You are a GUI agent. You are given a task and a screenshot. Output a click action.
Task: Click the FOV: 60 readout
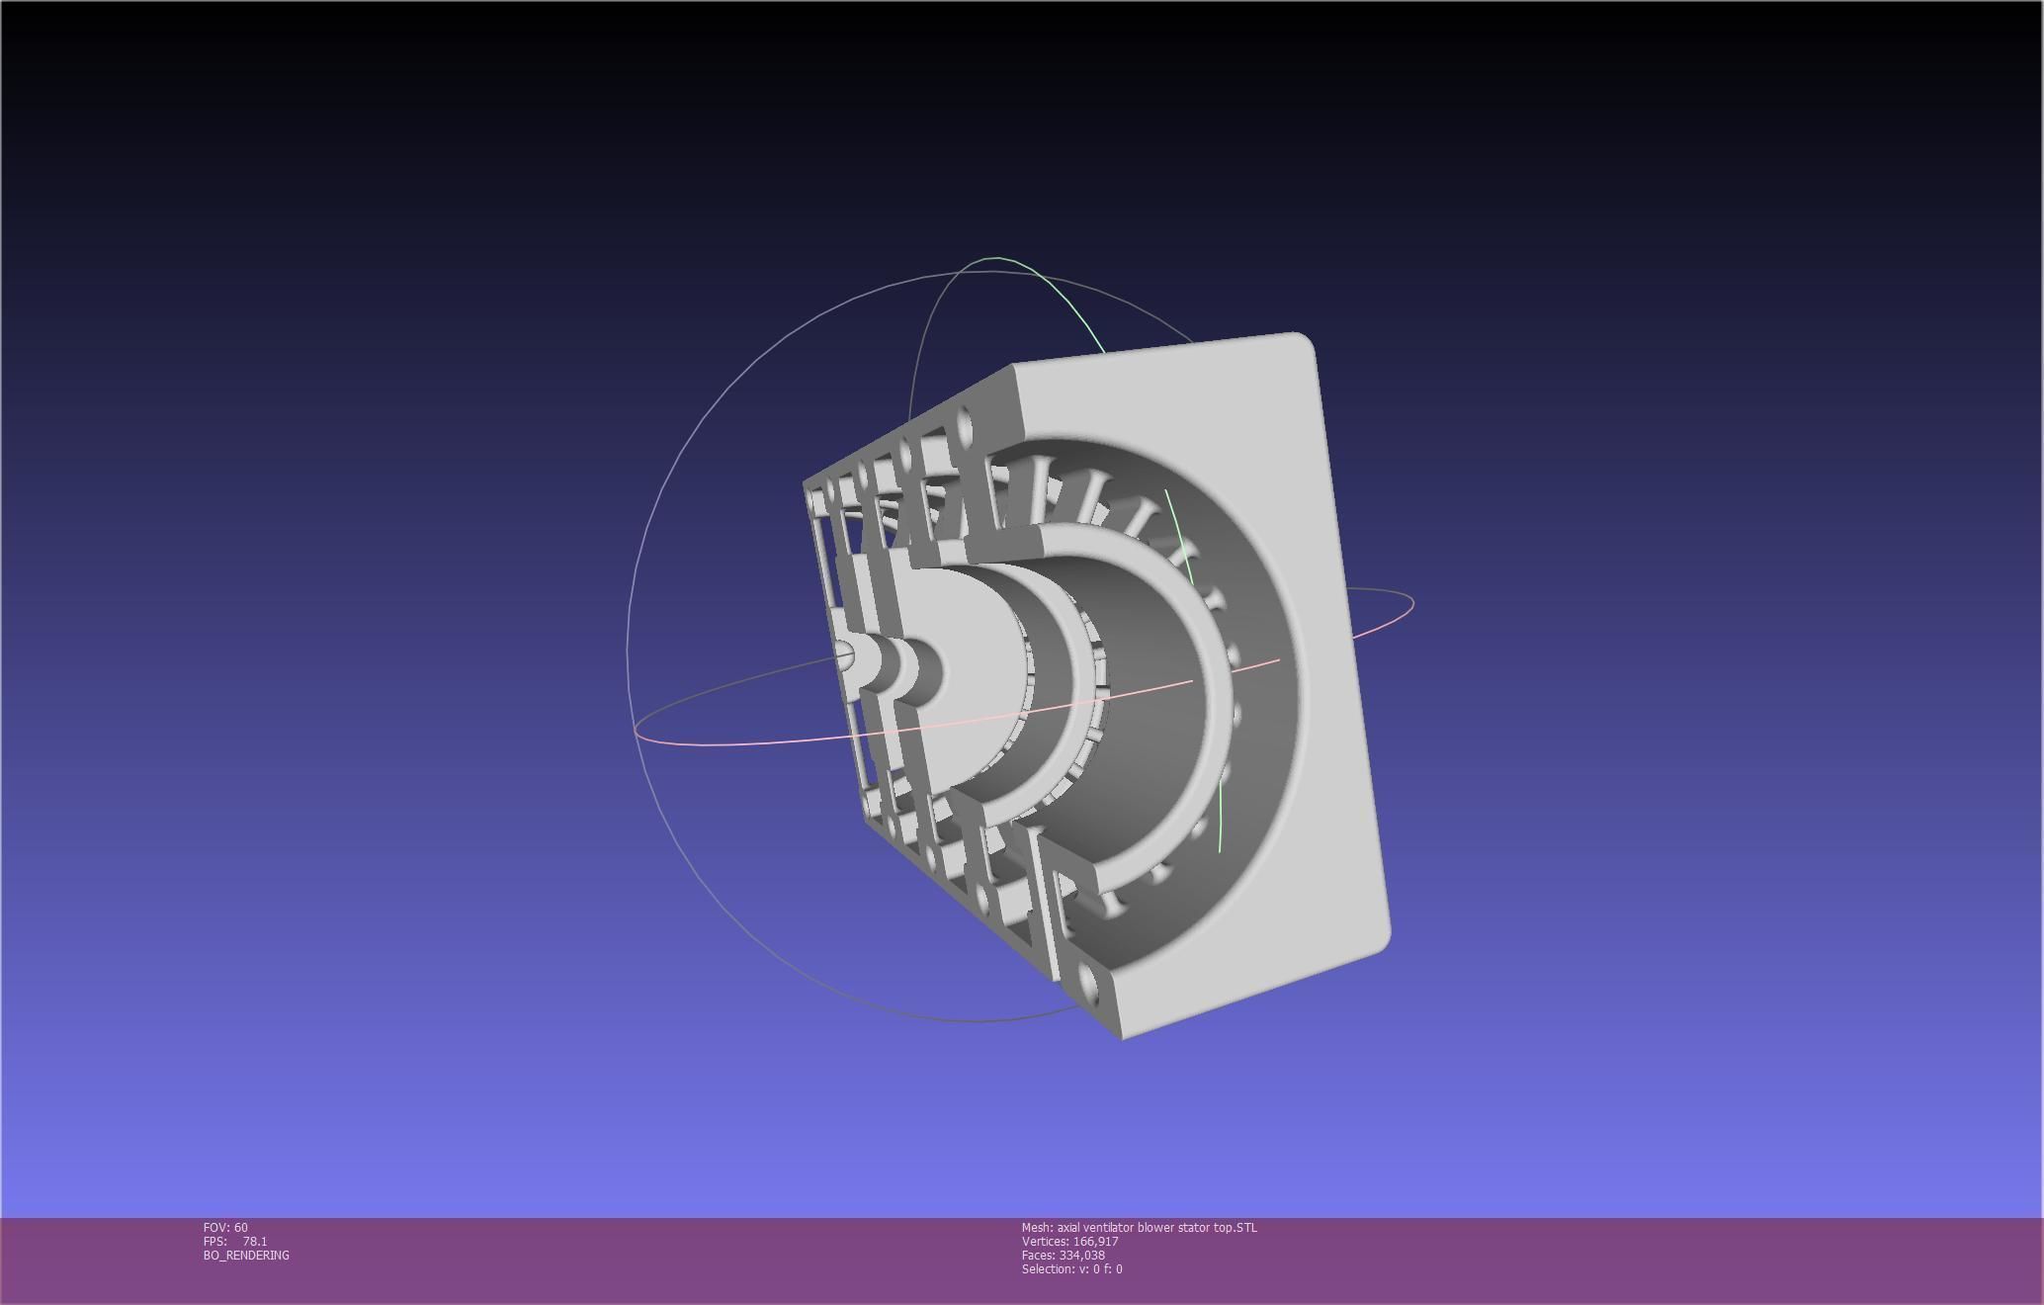pyautogui.click(x=225, y=1227)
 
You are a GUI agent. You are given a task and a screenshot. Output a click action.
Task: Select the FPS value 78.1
pyautogui.click(x=254, y=1241)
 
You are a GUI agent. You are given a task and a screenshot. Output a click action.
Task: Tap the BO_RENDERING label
pyautogui.click(x=246, y=1255)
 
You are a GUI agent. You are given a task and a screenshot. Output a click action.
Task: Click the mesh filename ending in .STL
pyautogui.click(x=1156, y=1227)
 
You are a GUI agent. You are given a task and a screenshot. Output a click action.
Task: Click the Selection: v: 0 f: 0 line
pyautogui.click(x=1071, y=1268)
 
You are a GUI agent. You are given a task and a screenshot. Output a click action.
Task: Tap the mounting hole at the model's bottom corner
pyautogui.click(x=1089, y=983)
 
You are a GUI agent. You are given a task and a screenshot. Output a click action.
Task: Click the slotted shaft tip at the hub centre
pyautogui.click(x=845, y=653)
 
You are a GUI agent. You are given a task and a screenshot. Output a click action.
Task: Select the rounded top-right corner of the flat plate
pyautogui.click(x=1303, y=342)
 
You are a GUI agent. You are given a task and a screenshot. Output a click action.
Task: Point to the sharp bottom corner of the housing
pyautogui.click(x=1122, y=1037)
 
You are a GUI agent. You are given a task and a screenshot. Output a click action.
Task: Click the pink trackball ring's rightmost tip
pyautogui.click(x=1413, y=601)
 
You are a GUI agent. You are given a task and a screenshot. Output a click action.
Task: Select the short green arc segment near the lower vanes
pyautogui.click(x=1223, y=821)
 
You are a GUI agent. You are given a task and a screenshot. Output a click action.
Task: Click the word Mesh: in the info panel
pyautogui.click(x=1037, y=1227)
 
